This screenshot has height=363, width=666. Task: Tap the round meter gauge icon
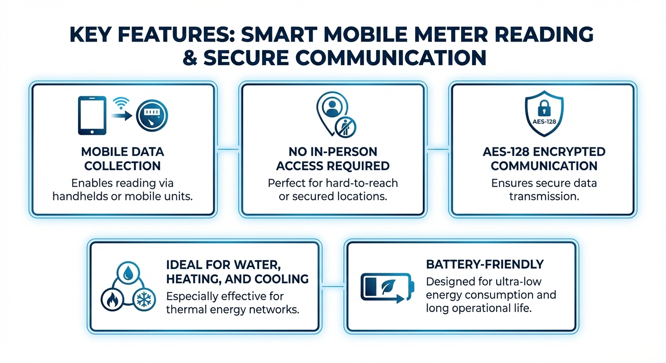coord(152,118)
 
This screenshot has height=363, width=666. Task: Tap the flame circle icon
coord(113,300)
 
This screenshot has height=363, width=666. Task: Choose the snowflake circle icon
coord(144,300)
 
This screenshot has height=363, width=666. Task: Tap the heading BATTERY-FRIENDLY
coord(484,264)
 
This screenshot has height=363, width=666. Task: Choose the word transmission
coord(544,196)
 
